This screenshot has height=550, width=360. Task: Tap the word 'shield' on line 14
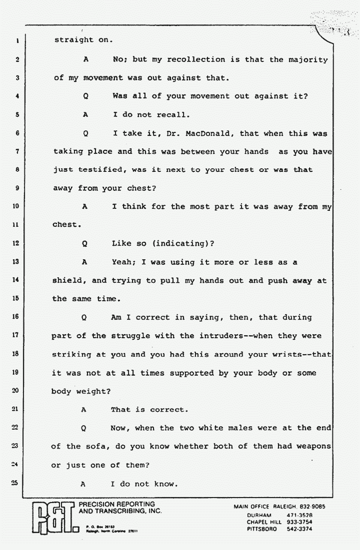click(67, 281)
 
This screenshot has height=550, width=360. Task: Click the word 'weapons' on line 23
click(310, 447)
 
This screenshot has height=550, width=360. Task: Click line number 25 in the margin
click(15, 484)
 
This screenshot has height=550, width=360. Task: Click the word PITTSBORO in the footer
click(263, 530)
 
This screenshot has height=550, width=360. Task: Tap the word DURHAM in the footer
click(259, 515)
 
